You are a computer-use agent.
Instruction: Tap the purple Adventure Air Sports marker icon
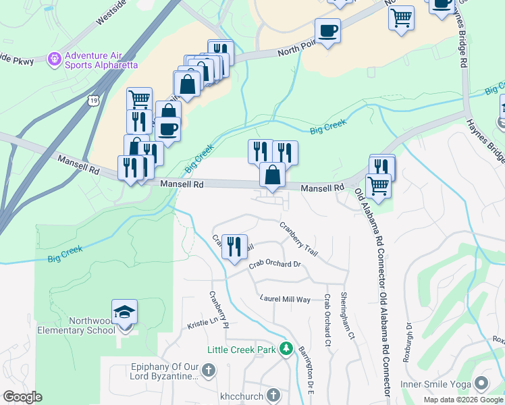click(x=55, y=60)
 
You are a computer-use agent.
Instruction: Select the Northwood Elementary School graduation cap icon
click(x=124, y=313)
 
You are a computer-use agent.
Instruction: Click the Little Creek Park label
click(x=242, y=350)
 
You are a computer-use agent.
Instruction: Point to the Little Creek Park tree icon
click(x=286, y=349)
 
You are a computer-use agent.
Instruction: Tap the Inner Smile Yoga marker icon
click(x=481, y=383)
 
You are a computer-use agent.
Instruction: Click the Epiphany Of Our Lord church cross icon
click(x=208, y=370)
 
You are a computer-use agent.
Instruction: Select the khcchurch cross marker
click(x=273, y=394)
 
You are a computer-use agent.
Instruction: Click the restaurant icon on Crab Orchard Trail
click(x=234, y=246)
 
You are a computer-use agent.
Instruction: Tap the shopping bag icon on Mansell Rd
click(x=272, y=175)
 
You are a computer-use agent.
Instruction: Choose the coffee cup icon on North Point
click(x=327, y=30)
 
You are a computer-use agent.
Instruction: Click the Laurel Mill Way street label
click(x=285, y=298)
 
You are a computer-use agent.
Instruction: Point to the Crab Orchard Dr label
click(x=274, y=265)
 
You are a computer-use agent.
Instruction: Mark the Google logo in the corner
click(x=23, y=397)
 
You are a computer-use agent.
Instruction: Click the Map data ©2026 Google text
click(x=462, y=400)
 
